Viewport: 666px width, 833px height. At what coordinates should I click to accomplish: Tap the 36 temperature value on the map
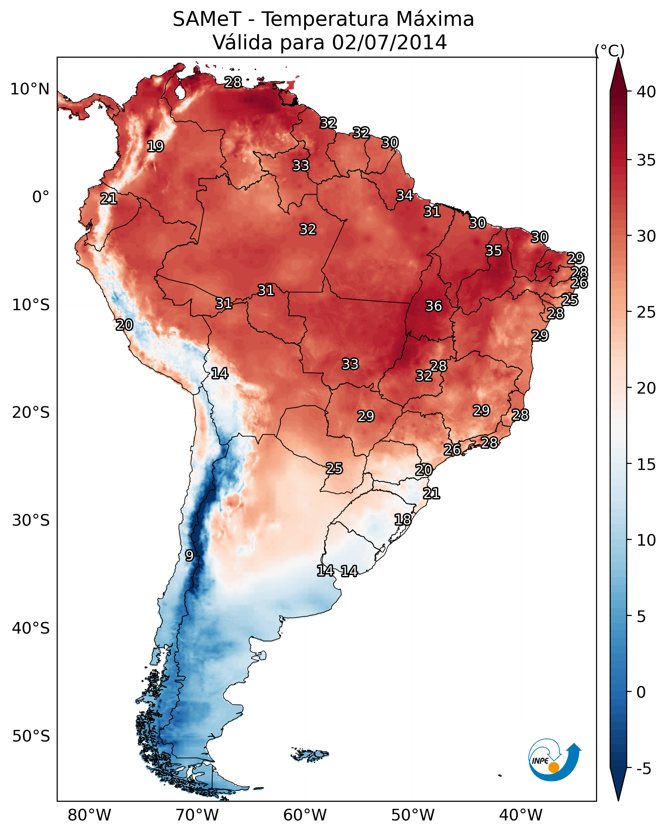click(x=433, y=306)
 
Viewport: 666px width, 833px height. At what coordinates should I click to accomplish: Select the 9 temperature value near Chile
click(x=189, y=556)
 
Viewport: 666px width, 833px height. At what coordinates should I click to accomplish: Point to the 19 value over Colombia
click(x=155, y=147)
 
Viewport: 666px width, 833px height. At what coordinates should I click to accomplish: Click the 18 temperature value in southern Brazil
click(x=402, y=520)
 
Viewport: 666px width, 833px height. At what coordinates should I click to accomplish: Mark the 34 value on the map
click(x=404, y=196)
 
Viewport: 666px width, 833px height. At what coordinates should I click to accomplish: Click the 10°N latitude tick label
click(x=30, y=89)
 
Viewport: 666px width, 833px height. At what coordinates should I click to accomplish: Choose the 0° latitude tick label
click(x=41, y=197)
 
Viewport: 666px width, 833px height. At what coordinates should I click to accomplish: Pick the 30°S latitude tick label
click(x=31, y=521)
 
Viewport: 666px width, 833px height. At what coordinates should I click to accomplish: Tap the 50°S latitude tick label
click(x=31, y=736)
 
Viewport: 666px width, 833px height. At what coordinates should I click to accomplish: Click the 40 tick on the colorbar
click(x=646, y=92)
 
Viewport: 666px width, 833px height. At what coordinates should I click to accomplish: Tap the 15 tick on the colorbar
click(x=646, y=464)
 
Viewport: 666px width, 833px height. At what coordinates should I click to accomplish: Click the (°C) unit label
click(x=609, y=51)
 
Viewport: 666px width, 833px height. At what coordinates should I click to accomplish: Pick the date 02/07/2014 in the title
click(x=389, y=43)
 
